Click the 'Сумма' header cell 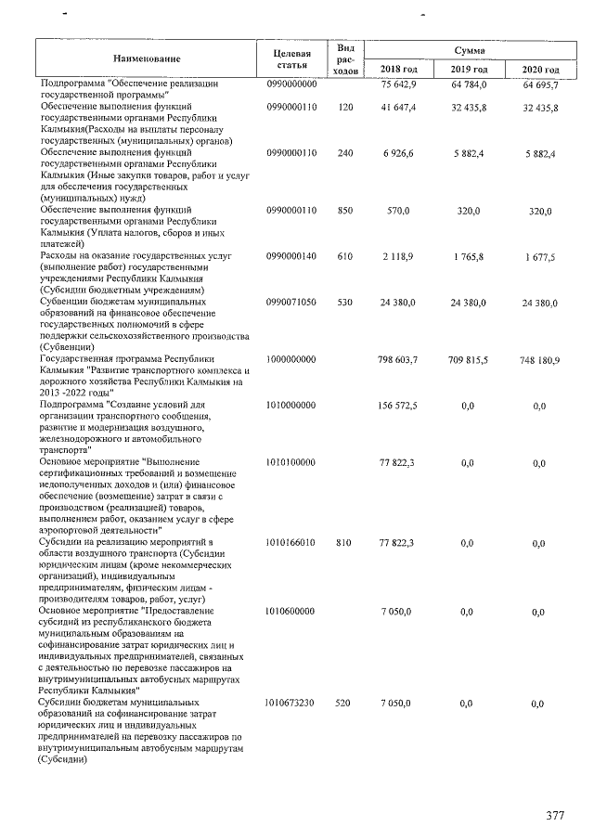pos(470,48)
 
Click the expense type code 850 pos(345,212)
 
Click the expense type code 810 pos(345,542)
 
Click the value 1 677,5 pos(539,257)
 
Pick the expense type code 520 pos(345,704)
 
